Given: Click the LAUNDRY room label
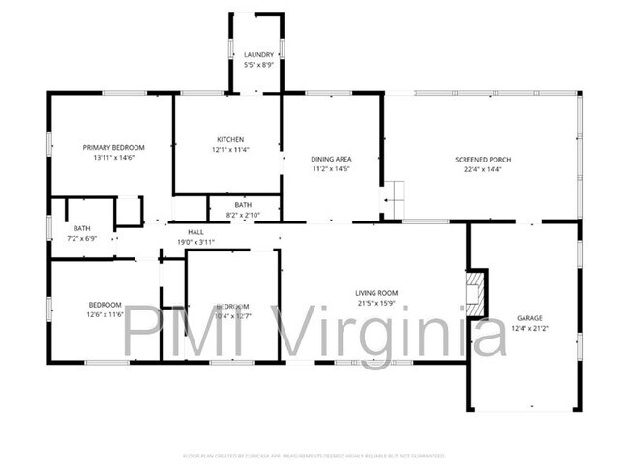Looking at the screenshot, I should coord(258,55).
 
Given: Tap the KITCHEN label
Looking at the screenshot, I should coord(230,139).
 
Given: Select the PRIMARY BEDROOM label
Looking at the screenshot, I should coord(113,147).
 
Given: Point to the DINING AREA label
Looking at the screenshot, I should coord(330,159).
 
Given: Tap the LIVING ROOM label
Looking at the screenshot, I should coord(376,293).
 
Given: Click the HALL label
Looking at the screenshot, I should coord(195,232).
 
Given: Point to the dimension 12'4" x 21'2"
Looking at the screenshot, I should coord(528,327).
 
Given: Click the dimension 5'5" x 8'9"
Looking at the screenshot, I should coord(258,65).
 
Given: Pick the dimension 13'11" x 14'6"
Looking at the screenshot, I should coord(113,158).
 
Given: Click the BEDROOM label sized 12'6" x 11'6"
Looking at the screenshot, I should coord(105,304).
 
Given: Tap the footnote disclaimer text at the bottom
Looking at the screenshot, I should coord(314,455).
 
